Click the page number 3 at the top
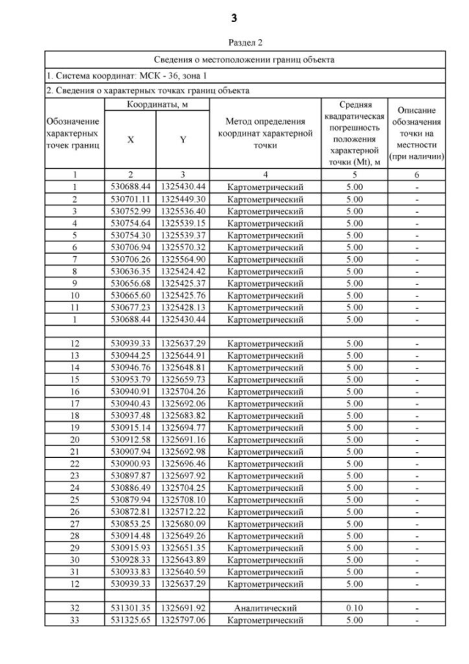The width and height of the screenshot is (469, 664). tap(234, 17)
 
